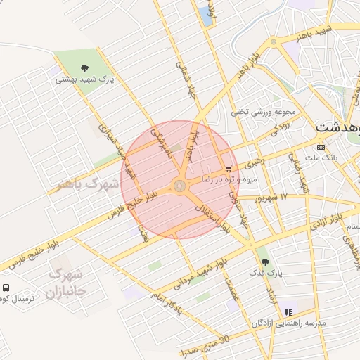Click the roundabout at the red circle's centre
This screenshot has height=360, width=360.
click(x=180, y=186)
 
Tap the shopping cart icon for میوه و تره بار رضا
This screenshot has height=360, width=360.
click(x=229, y=169)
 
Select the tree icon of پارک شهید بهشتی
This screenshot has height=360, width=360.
click(x=85, y=69)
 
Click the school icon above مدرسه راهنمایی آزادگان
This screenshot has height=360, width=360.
click(x=288, y=311)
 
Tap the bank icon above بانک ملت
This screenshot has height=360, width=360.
click(x=321, y=147)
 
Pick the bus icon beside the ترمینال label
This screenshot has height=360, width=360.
click(x=6, y=288)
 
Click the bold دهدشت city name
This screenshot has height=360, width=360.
click(x=337, y=128)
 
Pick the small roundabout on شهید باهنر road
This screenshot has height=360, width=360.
click(x=274, y=42)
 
